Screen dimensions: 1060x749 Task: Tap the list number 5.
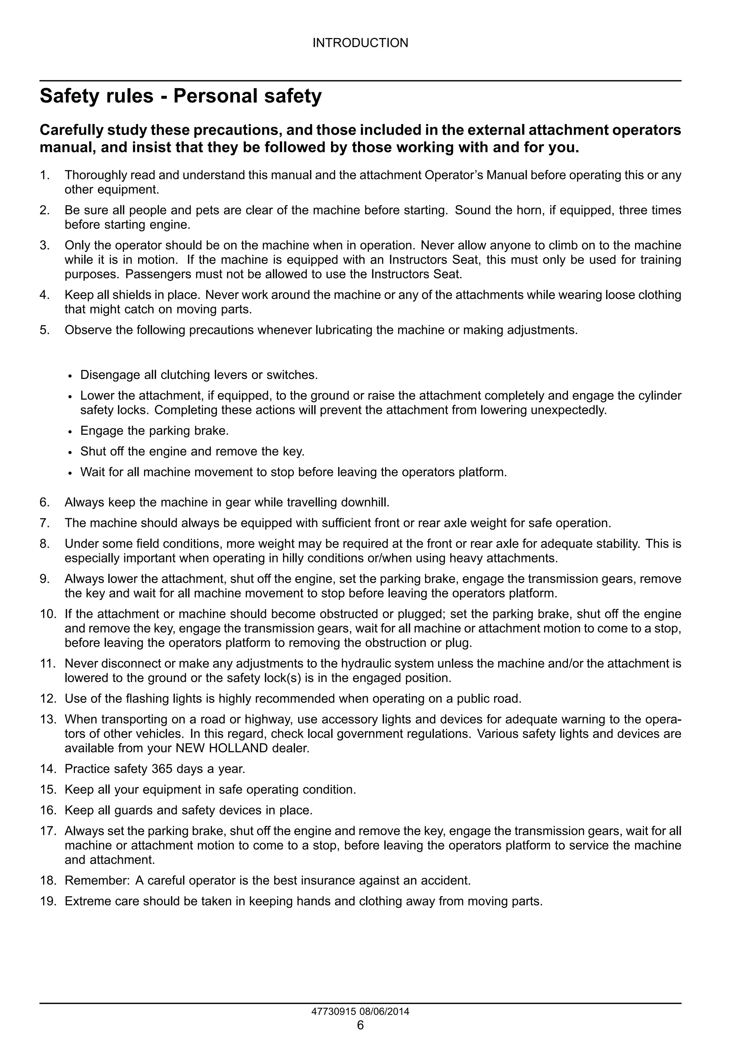pyautogui.click(x=44, y=330)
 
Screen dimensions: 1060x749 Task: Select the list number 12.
pyautogui.click(x=48, y=698)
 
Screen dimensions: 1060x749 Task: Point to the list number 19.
pyautogui.click(x=48, y=901)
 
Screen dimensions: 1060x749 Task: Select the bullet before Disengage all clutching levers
pyautogui.click(x=70, y=376)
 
